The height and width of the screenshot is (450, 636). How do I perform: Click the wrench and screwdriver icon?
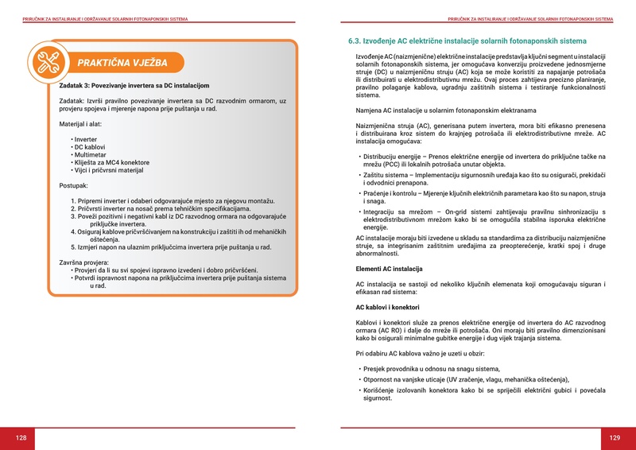coord(45,60)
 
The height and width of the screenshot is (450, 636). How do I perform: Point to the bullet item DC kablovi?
coord(91,147)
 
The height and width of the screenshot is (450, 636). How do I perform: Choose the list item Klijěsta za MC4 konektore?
coord(111,162)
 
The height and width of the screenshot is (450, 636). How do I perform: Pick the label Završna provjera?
coord(89,262)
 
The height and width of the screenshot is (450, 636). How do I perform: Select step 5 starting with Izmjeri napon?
coord(171,246)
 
